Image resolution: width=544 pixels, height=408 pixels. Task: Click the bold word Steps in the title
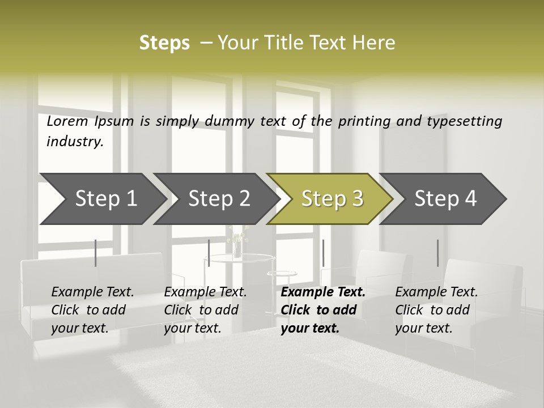[164, 43]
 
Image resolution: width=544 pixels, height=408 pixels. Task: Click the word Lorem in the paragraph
[67, 121]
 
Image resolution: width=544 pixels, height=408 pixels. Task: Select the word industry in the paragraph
[75, 142]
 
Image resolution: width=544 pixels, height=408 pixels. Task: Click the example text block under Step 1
[92, 310]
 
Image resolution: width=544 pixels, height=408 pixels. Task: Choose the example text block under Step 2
[205, 310]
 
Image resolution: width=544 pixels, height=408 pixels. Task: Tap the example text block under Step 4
[436, 310]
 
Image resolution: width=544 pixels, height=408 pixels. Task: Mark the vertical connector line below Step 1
[96, 253]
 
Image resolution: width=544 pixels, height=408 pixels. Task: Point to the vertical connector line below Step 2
[209, 253]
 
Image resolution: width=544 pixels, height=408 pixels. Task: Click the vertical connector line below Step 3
[323, 253]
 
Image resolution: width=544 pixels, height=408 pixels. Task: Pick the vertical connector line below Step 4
[438, 253]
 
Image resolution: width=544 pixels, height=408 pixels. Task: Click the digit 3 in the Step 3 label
[357, 199]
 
